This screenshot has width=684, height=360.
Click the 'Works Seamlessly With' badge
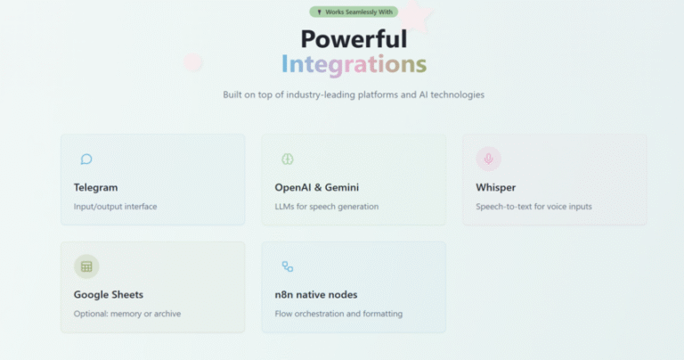pyautogui.click(x=354, y=12)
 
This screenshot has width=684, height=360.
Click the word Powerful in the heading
pyautogui.click(x=354, y=39)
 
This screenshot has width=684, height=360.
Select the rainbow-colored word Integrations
pyautogui.click(x=354, y=64)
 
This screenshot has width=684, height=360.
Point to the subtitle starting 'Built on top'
pyautogui.click(x=354, y=94)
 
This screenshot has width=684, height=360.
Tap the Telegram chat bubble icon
pyautogui.click(x=86, y=159)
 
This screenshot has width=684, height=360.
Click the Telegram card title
pyautogui.click(x=95, y=187)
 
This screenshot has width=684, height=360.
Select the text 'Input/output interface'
pyautogui.click(x=115, y=207)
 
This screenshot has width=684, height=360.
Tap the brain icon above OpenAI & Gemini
pyautogui.click(x=288, y=159)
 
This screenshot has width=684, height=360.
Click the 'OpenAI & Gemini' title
pyautogui.click(x=317, y=187)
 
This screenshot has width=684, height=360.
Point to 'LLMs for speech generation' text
pyautogui.click(x=327, y=207)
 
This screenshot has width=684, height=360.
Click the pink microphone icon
pyautogui.click(x=489, y=159)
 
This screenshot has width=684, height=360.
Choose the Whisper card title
pyautogui.click(x=495, y=188)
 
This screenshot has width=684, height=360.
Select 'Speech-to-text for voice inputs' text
pyautogui.click(x=534, y=207)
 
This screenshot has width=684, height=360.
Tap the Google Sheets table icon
pyautogui.click(x=86, y=266)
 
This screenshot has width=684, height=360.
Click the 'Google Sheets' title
pyautogui.click(x=108, y=295)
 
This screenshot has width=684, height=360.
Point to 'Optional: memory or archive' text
pyautogui.click(x=127, y=314)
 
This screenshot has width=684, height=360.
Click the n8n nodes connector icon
pyautogui.click(x=288, y=266)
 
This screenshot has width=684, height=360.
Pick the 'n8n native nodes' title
pyautogui.click(x=316, y=295)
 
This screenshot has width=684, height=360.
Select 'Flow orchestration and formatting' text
pyautogui.click(x=338, y=314)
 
